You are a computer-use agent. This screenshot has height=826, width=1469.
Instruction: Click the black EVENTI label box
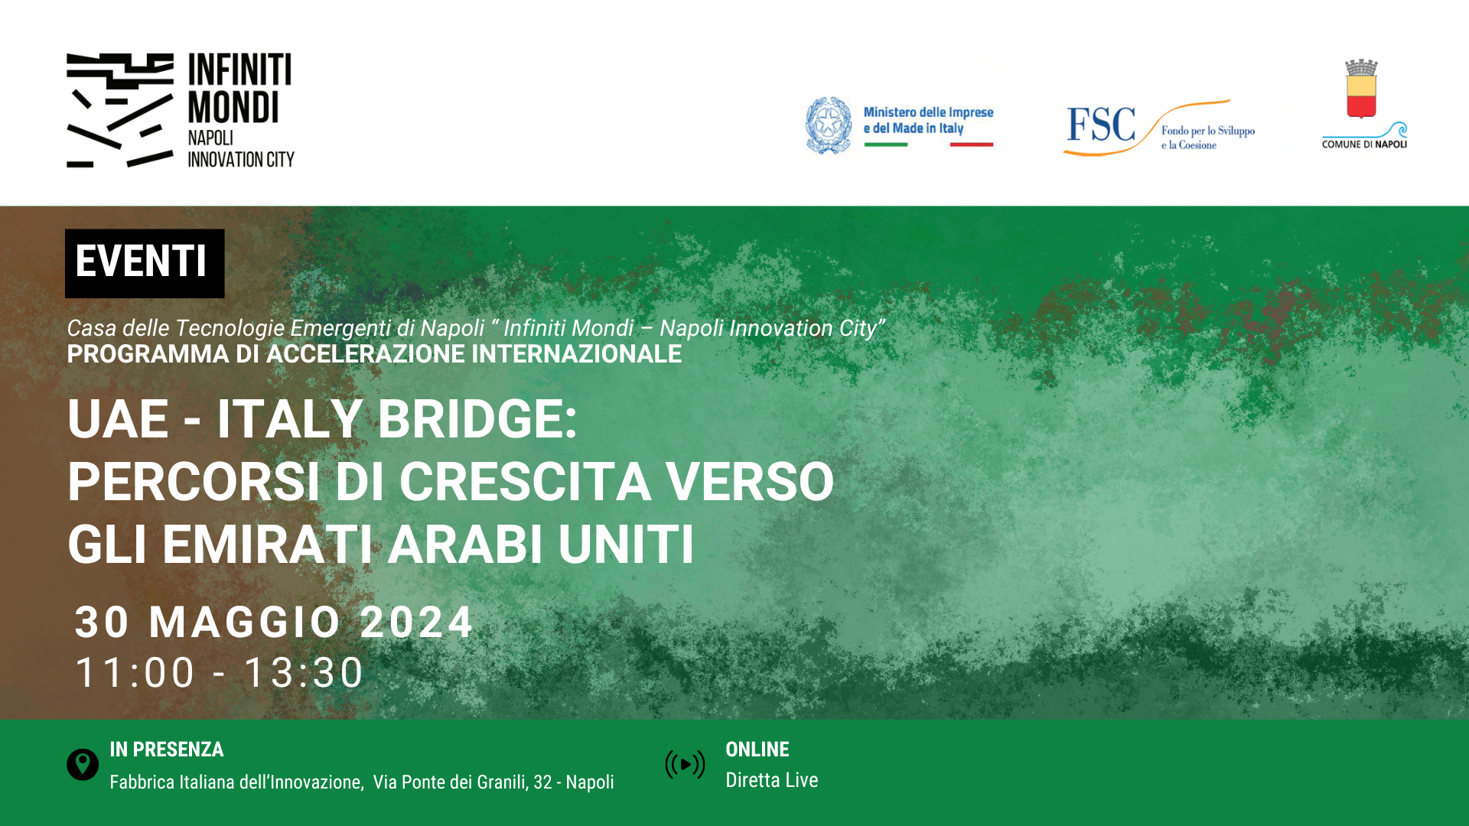coord(145,263)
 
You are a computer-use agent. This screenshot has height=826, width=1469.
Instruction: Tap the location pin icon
coord(83,764)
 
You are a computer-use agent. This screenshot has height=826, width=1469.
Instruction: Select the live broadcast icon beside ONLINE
coord(685,764)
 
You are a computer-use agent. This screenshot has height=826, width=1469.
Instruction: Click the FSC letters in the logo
coord(1101,125)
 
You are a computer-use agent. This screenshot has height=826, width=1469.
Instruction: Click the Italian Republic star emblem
coord(829,125)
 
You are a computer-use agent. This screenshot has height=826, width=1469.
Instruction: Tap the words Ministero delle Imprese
coord(928,112)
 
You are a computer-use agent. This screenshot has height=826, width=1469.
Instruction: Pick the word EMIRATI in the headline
coord(267,545)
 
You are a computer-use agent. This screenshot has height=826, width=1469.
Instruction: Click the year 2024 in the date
coord(417,622)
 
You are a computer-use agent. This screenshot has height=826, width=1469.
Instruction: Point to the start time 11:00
coord(135,673)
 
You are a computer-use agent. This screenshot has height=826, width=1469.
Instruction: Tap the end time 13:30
coord(303,673)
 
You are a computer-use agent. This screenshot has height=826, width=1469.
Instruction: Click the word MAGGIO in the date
coord(245,622)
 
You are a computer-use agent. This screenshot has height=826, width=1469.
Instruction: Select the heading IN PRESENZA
coord(167,750)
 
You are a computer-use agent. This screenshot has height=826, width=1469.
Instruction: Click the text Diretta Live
coord(772,780)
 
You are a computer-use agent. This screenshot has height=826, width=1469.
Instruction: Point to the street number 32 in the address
coord(542,782)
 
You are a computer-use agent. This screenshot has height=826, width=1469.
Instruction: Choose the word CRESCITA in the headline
coord(526,482)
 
